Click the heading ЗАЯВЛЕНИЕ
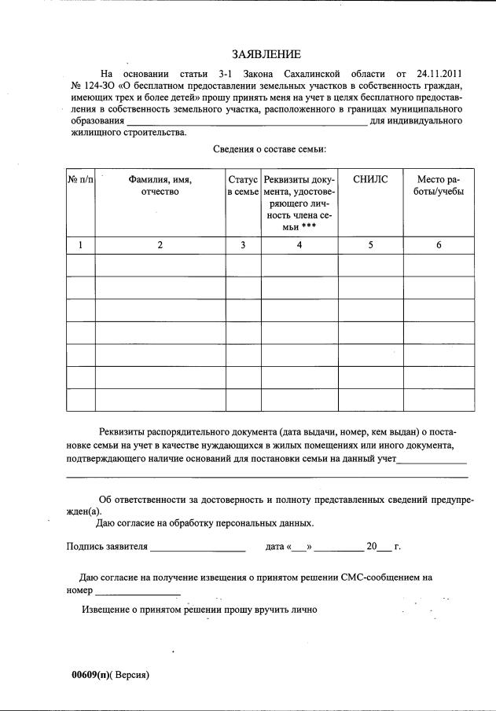click(x=266, y=54)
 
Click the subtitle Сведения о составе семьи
click(x=269, y=148)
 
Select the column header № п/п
click(x=80, y=180)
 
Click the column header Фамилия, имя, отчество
click(x=160, y=185)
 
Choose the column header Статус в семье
click(x=243, y=185)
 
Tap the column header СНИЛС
click(x=370, y=180)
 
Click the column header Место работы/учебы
click(x=439, y=185)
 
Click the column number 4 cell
click(x=299, y=245)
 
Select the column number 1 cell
click(x=80, y=245)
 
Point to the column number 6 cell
click(x=439, y=245)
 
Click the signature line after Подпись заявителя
click(x=198, y=548)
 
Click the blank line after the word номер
click(x=138, y=592)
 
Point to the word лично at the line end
click(x=303, y=610)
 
